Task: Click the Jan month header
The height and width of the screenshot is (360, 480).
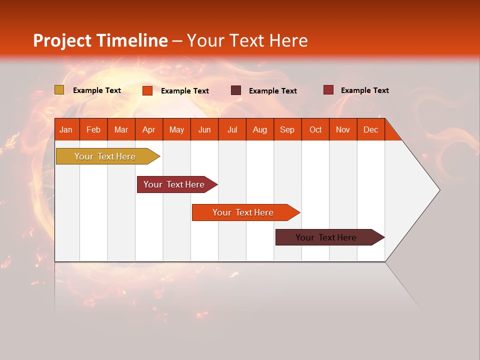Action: pos(66,129)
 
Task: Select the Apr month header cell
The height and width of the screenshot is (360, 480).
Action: pos(148,129)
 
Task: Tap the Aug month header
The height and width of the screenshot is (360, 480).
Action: pos(259,129)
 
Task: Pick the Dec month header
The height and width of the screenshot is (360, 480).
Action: pos(370,129)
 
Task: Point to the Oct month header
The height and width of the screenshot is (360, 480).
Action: pos(315,129)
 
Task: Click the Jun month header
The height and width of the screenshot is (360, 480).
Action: pos(204,129)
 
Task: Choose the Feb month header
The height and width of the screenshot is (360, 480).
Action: pos(93,129)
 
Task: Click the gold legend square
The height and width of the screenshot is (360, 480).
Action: pos(59,90)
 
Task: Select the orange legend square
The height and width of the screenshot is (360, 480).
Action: pos(147,90)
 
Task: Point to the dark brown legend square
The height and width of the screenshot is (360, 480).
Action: pos(236,90)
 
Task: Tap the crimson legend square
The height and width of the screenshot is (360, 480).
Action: pos(328,90)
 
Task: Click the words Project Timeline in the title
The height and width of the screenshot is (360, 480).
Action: pos(100,40)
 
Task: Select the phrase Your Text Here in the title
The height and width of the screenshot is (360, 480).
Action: pos(247,40)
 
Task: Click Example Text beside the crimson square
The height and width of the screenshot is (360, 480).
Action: pos(364,90)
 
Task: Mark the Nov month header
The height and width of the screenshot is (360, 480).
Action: pos(343,129)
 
